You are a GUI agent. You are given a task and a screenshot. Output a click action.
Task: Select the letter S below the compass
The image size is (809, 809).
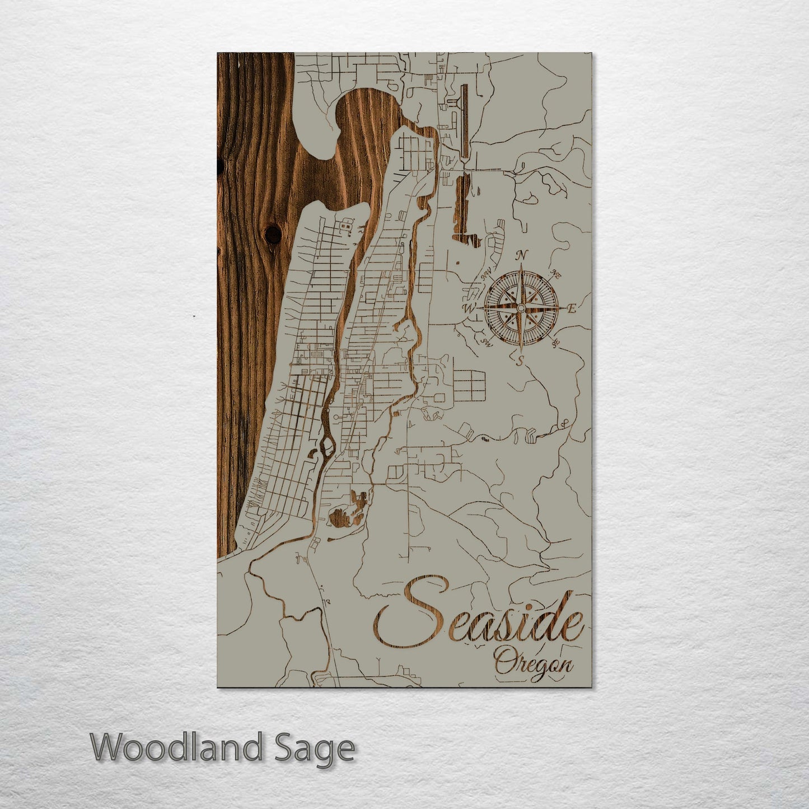pyautogui.click(x=520, y=361)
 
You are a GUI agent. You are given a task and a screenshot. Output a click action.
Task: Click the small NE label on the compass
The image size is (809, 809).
pyautogui.click(x=556, y=274)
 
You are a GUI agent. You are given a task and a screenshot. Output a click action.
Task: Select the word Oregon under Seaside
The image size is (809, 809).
pyautogui.click(x=534, y=666)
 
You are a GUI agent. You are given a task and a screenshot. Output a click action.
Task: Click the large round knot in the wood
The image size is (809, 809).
pyautogui.click(x=273, y=235)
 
